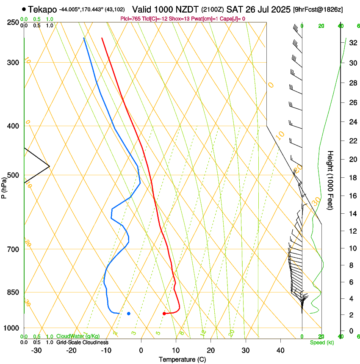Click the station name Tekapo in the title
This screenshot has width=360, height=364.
[42, 9]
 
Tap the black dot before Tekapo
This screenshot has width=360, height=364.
[24, 9]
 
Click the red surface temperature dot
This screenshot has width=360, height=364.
[164, 314]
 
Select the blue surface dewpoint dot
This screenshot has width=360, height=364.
[129, 314]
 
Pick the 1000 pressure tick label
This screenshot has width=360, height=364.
[11, 328]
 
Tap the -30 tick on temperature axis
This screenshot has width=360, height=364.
[36, 350]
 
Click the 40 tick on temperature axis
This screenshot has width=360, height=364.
[280, 350]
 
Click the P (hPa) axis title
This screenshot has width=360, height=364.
[4, 186]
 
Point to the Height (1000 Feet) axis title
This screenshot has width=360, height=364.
[330, 180]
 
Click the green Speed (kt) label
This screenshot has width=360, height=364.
[322, 342]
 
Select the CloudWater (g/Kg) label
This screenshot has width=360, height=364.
[78, 336]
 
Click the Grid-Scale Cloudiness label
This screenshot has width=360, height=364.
[82, 342]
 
